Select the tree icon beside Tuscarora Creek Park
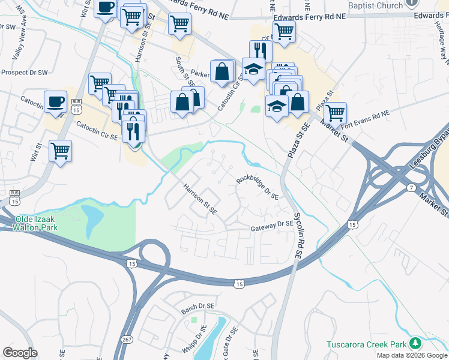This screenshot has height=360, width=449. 415,344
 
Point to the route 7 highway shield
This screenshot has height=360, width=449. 409,188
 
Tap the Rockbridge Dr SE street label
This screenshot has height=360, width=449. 258,187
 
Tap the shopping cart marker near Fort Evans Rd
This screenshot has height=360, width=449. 335,112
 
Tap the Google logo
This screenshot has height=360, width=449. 20,353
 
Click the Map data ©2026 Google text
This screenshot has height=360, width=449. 411,355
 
